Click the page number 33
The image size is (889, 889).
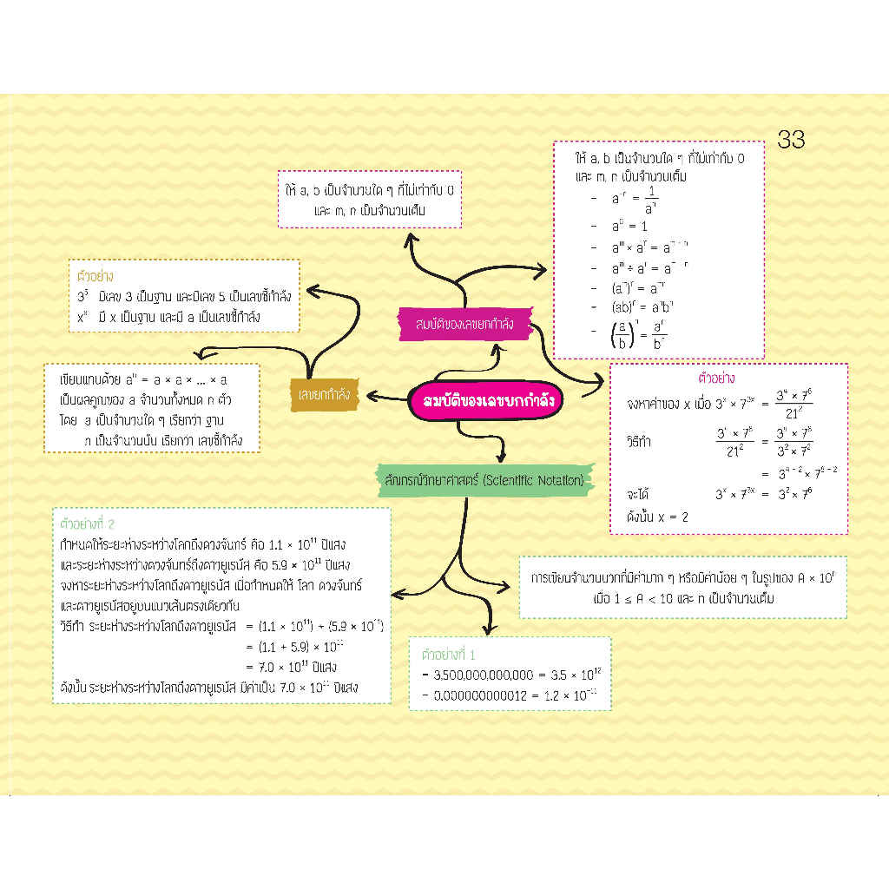(791, 139)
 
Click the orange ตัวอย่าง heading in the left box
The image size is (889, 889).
(95, 278)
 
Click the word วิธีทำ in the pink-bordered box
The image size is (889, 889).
(641, 441)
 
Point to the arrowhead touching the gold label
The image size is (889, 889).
(365, 396)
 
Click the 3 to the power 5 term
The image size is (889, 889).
(82, 297)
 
